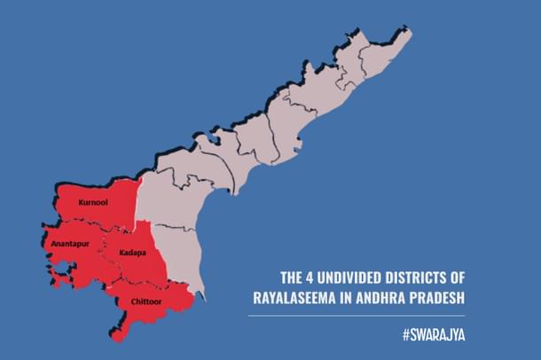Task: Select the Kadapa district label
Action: pyautogui.click(x=131, y=252)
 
